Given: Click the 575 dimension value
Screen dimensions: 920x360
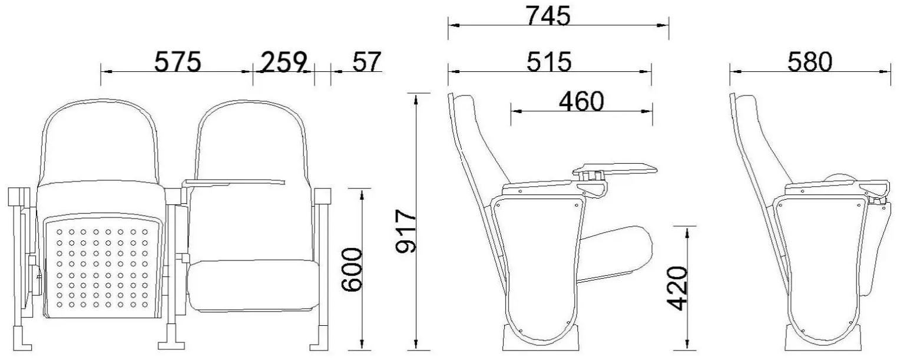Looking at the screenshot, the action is pyautogui.click(x=177, y=62).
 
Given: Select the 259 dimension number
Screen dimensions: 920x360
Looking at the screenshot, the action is pyautogui.click(x=284, y=62).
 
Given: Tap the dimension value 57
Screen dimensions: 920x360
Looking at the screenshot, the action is pyautogui.click(x=367, y=62).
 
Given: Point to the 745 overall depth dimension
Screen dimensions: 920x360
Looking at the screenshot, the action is pyautogui.click(x=548, y=16).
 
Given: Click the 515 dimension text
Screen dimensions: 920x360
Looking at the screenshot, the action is pyautogui.click(x=549, y=62).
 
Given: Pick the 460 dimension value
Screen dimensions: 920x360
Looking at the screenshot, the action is pyautogui.click(x=581, y=101).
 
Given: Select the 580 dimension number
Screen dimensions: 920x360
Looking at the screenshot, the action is pyautogui.click(x=809, y=62).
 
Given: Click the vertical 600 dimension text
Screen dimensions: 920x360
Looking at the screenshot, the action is pyautogui.click(x=352, y=269).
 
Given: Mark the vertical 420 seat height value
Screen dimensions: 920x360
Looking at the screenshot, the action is pyautogui.click(x=676, y=288).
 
